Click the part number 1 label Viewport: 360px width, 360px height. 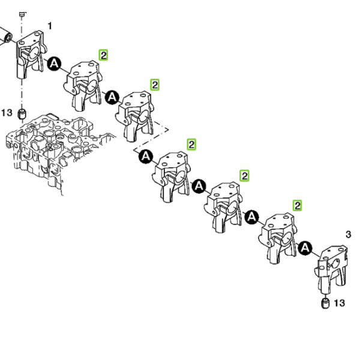(50, 26)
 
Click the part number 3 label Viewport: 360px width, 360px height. (348, 235)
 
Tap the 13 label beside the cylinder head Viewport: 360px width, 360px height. (7, 113)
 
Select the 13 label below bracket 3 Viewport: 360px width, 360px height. (340, 303)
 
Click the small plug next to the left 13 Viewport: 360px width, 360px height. (22, 114)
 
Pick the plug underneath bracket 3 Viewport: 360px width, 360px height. (325, 303)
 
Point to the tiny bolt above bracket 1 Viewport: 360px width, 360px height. (22, 14)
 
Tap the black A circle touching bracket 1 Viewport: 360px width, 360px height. (55, 64)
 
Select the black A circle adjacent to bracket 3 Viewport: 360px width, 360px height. (305, 248)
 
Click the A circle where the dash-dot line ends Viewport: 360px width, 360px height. (146, 157)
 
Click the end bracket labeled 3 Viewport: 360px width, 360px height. (332, 269)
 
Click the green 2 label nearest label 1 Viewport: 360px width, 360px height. (103, 55)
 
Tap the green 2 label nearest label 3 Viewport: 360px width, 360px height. (298, 205)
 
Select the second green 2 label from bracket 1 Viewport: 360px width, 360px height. (155, 85)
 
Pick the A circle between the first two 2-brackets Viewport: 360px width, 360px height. (112, 97)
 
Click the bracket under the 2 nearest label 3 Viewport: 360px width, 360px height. (278, 238)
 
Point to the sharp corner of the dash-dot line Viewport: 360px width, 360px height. (168, 130)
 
